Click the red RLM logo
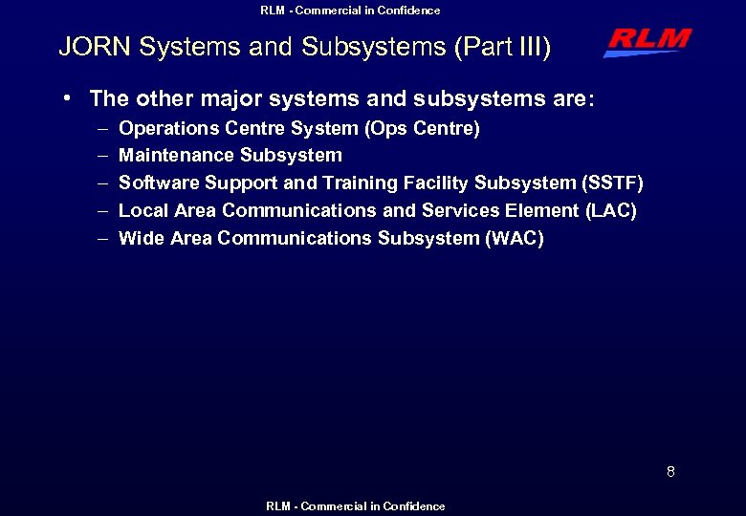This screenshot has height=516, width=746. (647, 42)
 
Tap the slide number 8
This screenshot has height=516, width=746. (670, 471)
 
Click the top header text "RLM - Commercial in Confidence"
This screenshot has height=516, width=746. (350, 11)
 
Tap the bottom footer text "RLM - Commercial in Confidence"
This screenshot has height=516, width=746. (355, 506)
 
